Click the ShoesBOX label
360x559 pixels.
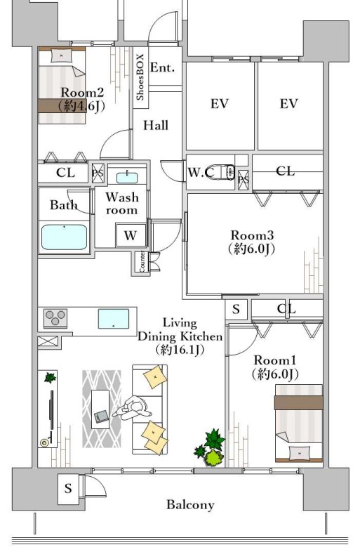140,77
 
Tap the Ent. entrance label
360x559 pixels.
162,67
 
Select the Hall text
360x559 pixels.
156,125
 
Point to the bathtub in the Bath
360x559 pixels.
64,237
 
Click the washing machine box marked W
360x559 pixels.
131,235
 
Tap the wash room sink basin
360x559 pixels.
127,177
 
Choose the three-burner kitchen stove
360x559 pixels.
55,318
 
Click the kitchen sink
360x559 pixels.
114,319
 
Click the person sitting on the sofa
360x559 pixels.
133,408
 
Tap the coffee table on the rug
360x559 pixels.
100,409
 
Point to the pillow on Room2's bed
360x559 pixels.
62,56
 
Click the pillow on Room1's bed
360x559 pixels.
300,453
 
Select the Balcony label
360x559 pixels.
190,505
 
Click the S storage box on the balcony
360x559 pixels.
68,489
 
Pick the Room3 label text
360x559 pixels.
252,235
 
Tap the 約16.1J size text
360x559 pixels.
180,350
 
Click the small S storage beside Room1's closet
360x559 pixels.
236,309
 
